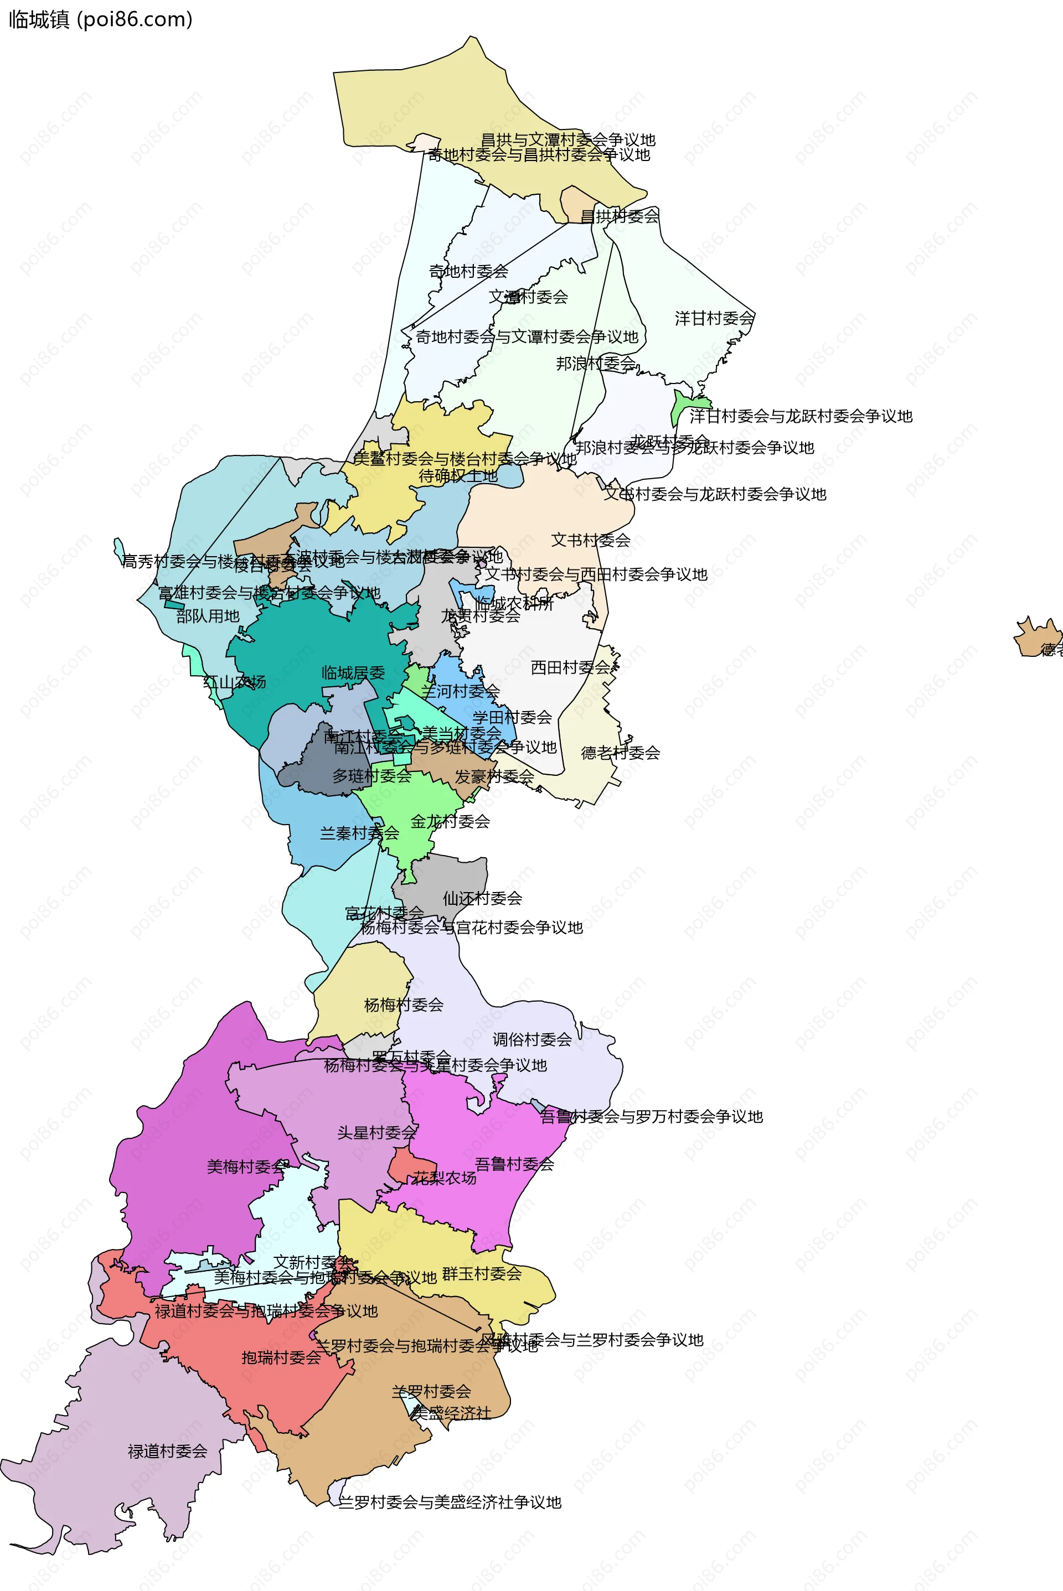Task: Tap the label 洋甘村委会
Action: [714, 318]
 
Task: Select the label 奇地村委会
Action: [468, 271]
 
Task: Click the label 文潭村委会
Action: [528, 296]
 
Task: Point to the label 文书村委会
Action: [591, 540]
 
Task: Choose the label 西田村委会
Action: [570, 667]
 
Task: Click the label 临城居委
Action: [353, 673]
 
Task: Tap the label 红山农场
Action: [235, 682]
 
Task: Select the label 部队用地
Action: [208, 616]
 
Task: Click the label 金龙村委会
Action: [450, 821]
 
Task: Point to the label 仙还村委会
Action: [482, 899]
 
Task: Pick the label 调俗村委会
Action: [531, 1039]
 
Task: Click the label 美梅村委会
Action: [247, 1166]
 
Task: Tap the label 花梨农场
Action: [445, 1178]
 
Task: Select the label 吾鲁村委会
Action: [514, 1164]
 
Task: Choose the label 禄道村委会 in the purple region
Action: [167, 1451]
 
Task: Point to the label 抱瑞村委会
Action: [281, 1357]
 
